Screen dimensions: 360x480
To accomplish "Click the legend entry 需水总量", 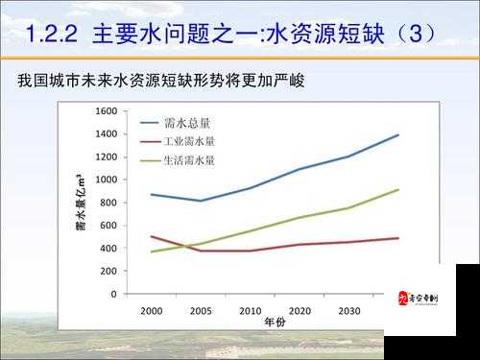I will coord(188,123).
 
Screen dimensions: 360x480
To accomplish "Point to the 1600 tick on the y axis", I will coord(107,111).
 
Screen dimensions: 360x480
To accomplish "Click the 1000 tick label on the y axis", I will coord(107,180).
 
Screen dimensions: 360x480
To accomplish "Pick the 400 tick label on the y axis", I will coord(109,249).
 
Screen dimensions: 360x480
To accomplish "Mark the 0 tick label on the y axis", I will coord(113,294).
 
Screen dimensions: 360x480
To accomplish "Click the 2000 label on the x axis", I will coord(151,311).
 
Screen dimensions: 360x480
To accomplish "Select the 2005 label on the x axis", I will coord(201,311).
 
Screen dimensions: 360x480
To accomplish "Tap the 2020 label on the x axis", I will coord(300,311).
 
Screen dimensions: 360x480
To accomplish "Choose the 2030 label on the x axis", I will coord(349,311).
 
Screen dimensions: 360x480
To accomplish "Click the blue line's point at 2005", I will coord(201,201).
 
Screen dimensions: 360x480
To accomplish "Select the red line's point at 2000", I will coord(151,236).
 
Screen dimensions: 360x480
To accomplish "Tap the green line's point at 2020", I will coord(300,217).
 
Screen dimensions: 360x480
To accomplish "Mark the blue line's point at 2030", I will coord(349,156).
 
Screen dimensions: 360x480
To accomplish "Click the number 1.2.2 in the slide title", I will coord(52,36).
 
